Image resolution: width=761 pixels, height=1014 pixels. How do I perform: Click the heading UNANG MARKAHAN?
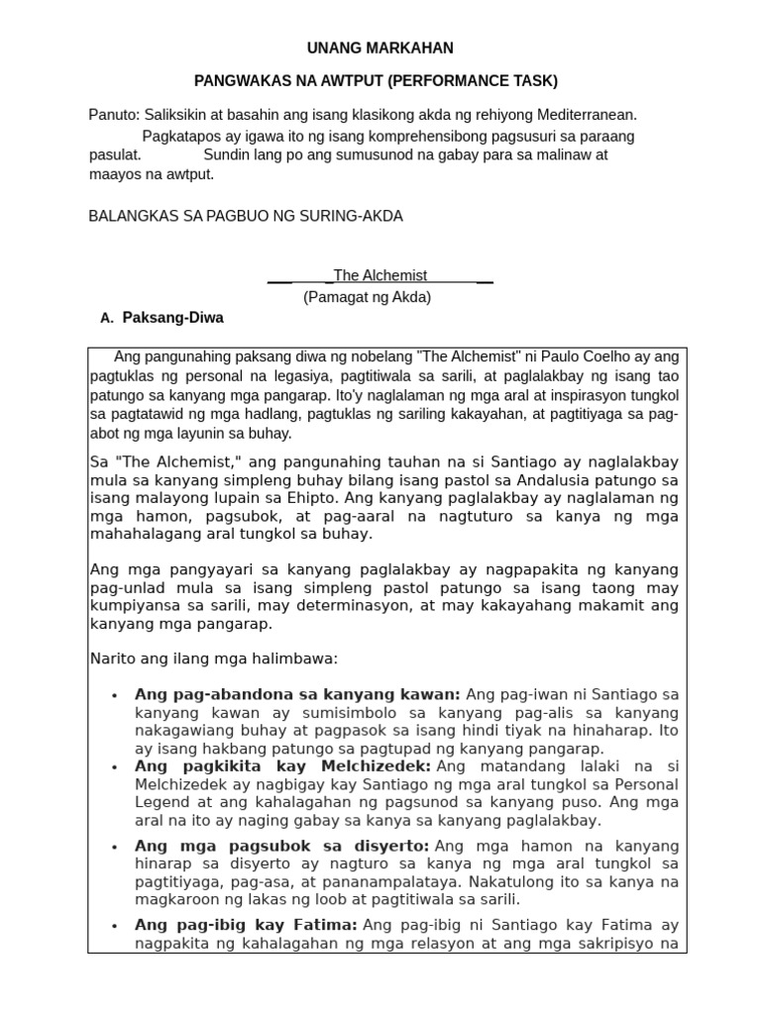click(380, 48)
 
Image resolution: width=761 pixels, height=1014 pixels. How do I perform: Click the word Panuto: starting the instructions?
click(114, 115)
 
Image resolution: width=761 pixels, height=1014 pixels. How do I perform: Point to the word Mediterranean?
click(588, 115)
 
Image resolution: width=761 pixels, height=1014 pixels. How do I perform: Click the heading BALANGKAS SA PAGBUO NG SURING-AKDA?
click(246, 216)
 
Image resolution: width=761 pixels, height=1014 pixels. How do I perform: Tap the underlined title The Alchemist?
click(380, 275)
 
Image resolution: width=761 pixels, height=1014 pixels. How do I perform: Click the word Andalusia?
click(566, 479)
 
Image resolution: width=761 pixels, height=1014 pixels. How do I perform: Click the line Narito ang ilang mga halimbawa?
click(214, 659)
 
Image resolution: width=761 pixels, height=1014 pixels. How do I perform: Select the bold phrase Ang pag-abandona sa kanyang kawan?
click(297, 694)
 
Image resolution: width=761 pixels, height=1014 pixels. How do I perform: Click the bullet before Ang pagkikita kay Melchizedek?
click(116, 767)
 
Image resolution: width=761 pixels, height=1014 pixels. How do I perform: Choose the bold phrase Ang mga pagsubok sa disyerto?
click(281, 846)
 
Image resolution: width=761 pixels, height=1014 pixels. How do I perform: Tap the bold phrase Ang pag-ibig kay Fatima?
click(246, 925)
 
